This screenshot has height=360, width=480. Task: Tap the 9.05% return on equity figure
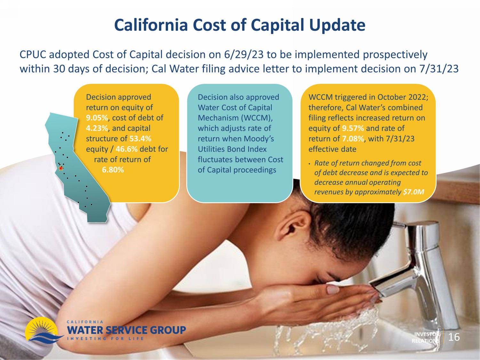point(97,118)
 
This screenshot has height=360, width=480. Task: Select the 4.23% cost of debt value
point(97,128)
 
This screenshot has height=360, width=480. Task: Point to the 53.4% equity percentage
point(140,139)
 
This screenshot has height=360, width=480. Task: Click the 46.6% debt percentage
point(126,149)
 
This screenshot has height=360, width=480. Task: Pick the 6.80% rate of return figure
point(113,170)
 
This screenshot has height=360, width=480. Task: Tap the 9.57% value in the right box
point(353,128)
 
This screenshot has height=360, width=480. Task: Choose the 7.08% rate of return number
point(353,139)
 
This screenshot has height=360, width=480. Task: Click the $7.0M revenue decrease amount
point(413,192)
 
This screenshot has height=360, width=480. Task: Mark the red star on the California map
point(61,168)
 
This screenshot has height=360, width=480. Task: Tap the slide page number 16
point(454,337)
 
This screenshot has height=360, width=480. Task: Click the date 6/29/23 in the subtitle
point(244,55)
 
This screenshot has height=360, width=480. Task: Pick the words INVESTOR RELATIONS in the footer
point(426,338)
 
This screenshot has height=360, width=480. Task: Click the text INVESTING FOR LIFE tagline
point(105,339)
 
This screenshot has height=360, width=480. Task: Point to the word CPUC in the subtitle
point(33,55)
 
